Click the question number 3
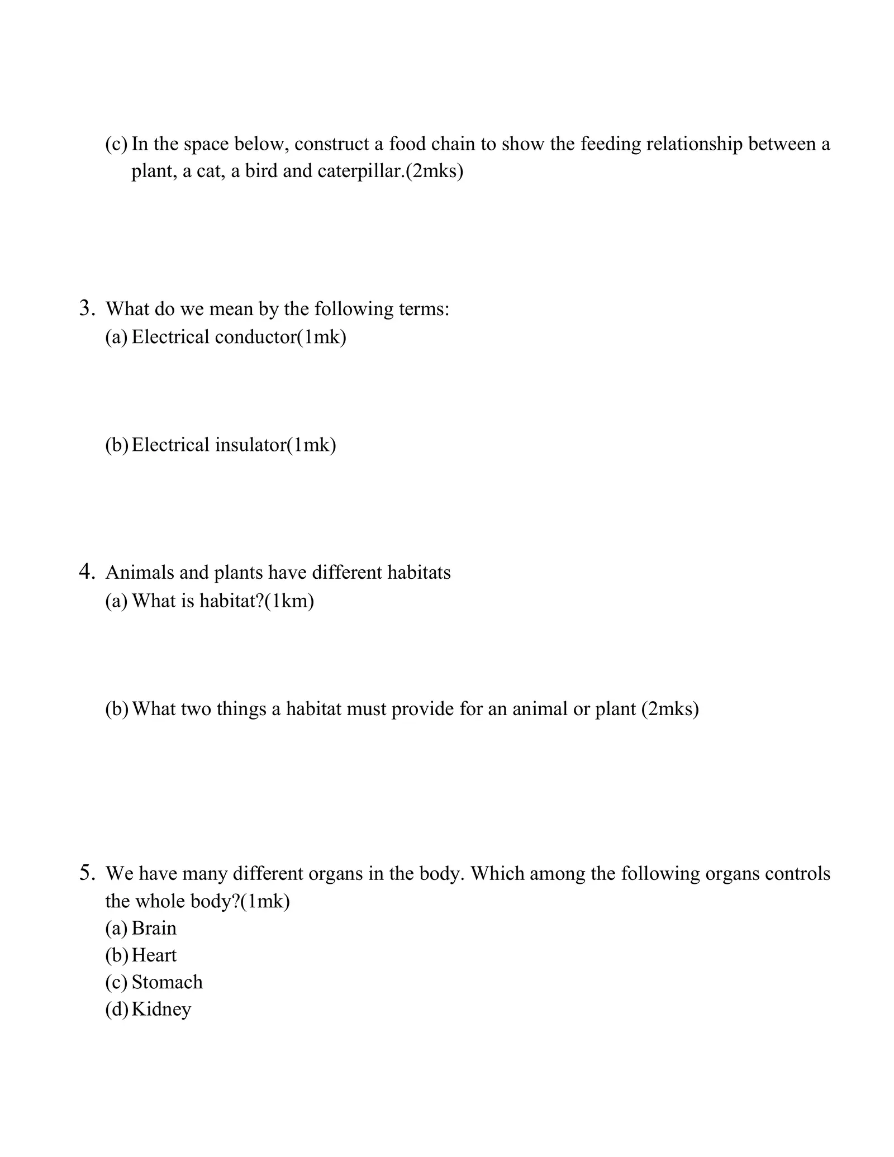tap(87, 308)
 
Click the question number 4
tap(87, 572)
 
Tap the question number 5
tap(87, 873)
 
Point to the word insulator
tap(250, 445)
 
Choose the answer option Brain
tap(154, 928)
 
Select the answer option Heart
tap(154, 955)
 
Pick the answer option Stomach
tap(167, 982)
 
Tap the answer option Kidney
tap(161, 1009)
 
